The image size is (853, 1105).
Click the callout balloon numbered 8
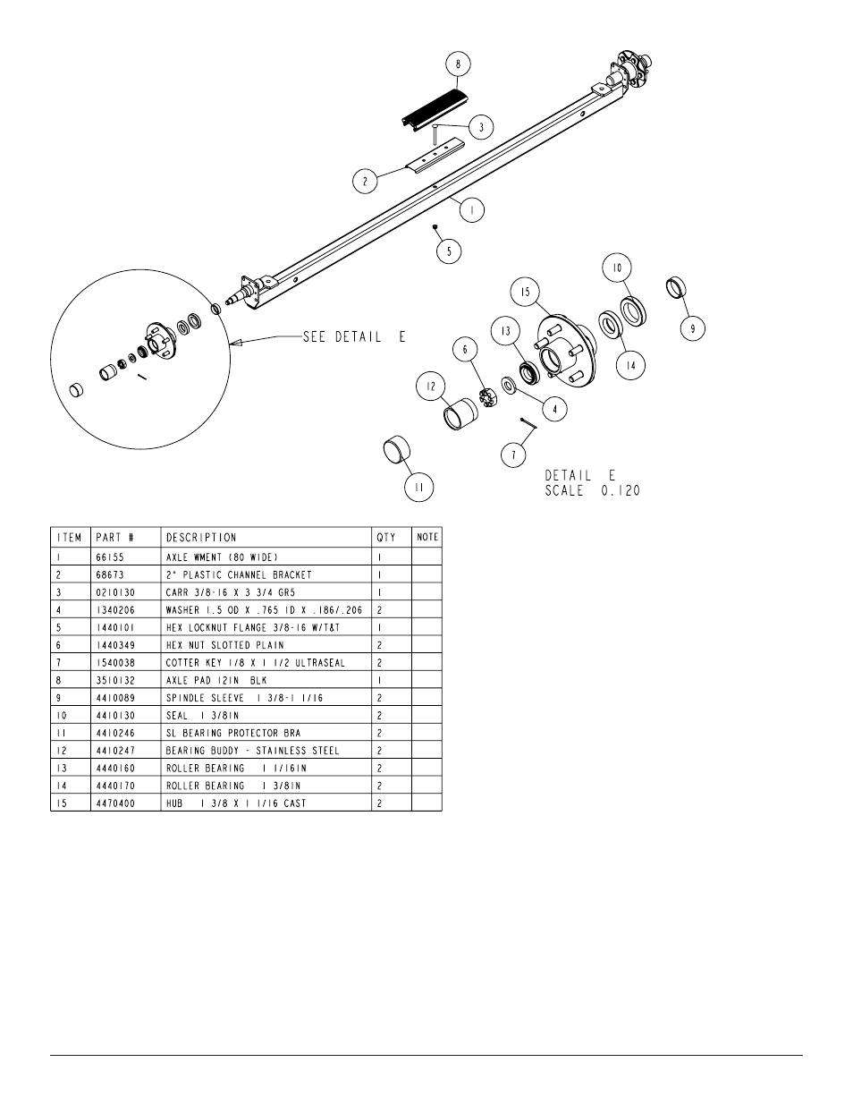click(458, 64)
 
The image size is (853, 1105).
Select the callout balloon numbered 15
click(524, 292)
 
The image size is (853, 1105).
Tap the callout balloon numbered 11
click(418, 488)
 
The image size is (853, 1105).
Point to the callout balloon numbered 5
click(449, 251)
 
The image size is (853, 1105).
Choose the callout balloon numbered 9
click(692, 328)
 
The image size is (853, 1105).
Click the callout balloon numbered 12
click(431, 387)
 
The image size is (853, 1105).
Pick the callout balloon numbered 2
click(365, 182)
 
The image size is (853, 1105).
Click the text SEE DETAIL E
click(354, 337)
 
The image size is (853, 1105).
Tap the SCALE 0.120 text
click(592, 491)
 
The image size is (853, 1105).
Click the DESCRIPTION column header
click(201, 538)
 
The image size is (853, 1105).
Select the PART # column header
click(114, 538)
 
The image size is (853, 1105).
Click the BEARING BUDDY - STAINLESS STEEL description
click(253, 750)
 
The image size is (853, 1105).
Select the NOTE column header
click(427, 538)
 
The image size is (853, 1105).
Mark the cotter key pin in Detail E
click(528, 423)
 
